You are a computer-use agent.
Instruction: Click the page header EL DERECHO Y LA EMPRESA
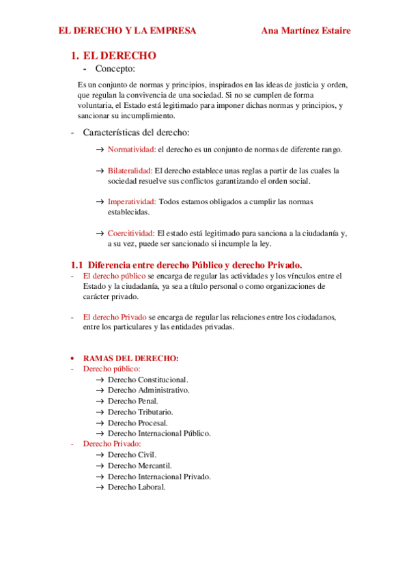(127, 31)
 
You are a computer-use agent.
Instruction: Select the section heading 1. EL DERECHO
(114, 55)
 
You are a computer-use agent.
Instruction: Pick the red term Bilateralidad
(130, 170)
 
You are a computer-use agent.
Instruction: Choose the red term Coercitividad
(131, 233)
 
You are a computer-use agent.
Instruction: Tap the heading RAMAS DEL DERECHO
(131, 358)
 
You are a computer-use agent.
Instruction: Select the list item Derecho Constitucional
(148, 380)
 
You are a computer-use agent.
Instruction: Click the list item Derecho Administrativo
(149, 390)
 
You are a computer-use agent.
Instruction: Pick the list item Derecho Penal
(133, 401)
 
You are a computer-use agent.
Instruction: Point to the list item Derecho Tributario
(141, 412)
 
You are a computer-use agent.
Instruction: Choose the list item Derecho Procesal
(138, 423)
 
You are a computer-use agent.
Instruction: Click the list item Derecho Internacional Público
(160, 433)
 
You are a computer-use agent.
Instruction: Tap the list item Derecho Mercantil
(140, 466)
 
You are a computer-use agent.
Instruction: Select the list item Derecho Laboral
(137, 487)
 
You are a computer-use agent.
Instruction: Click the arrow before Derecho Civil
(100, 455)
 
